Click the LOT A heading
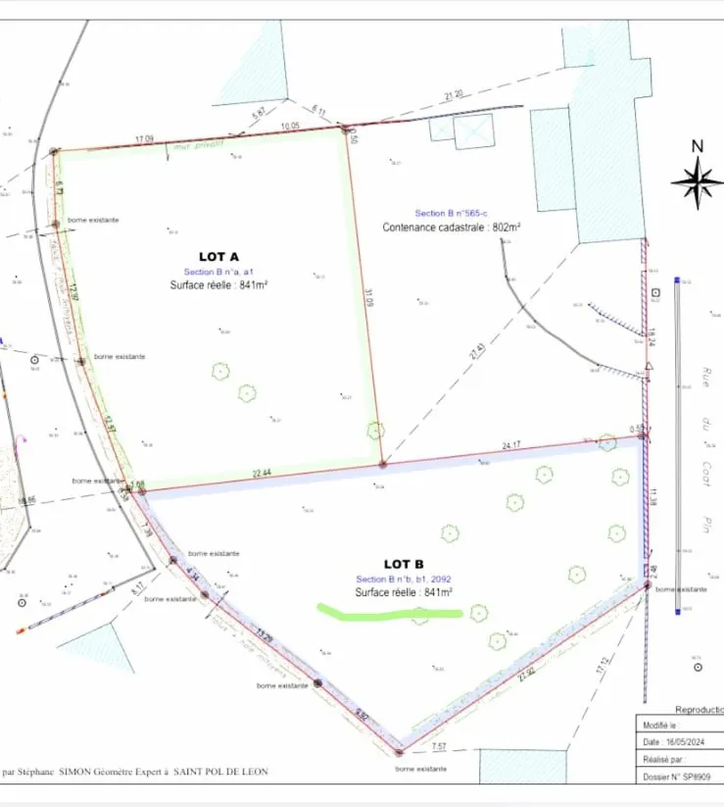[x=219, y=256]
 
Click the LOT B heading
[x=404, y=564]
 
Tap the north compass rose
[x=697, y=180]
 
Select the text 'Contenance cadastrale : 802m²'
[x=451, y=227]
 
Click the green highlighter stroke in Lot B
[x=389, y=613]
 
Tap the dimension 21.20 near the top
[x=453, y=95]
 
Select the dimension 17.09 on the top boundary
[x=144, y=139]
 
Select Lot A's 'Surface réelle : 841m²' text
[x=219, y=285]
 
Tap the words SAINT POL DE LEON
[x=220, y=772]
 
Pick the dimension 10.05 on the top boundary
[x=289, y=127]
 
